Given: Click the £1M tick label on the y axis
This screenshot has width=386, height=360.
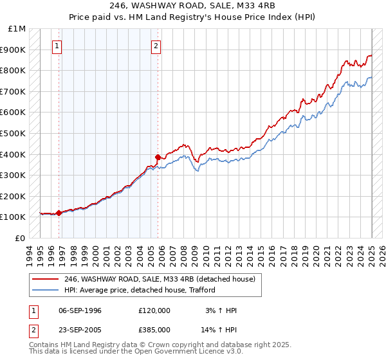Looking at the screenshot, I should click(17, 29).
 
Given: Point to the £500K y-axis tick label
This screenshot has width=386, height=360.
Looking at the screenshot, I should click(14, 133).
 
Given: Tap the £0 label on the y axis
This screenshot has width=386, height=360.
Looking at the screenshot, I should click(21, 238).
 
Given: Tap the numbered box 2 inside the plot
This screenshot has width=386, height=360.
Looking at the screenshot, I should click(156, 46).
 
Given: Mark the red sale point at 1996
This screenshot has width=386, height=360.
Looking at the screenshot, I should click(59, 213).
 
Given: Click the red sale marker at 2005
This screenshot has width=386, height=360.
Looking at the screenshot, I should click(158, 157).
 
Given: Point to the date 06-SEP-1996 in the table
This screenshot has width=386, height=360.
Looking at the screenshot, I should click(80, 310).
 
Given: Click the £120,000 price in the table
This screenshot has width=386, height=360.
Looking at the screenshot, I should click(154, 310).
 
